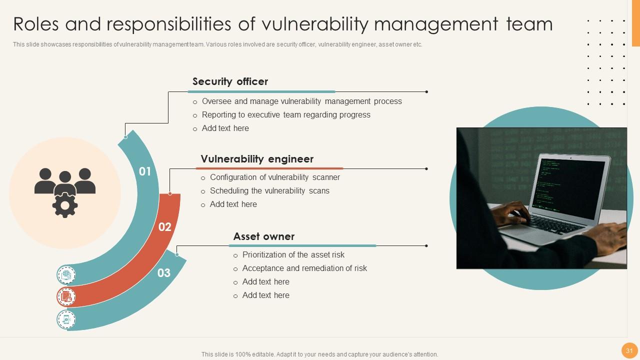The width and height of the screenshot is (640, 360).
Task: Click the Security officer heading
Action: [x=230, y=81]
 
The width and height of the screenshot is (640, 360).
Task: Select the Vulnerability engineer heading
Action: [x=257, y=159]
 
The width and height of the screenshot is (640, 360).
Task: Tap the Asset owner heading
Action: [x=263, y=236]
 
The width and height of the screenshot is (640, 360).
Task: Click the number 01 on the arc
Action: [x=145, y=171]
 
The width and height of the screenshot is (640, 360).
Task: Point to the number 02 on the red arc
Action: [x=165, y=227]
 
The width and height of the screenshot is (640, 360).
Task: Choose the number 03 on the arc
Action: [x=164, y=272]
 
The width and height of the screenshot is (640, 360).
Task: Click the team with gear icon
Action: [x=65, y=192]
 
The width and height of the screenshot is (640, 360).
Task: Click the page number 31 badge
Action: [x=629, y=350]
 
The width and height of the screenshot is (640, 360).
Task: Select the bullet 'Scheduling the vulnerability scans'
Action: [x=269, y=191]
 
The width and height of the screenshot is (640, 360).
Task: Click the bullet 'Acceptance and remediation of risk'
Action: [x=304, y=268]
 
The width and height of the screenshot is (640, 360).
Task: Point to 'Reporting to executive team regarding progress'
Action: [x=286, y=115]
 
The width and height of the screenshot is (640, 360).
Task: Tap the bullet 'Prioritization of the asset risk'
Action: [x=293, y=255]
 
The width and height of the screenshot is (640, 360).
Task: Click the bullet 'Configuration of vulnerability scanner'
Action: [x=274, y=177]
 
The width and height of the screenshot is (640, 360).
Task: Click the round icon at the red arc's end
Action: [x=66, y=297]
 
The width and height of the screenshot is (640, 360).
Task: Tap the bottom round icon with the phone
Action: [x=66, y=319]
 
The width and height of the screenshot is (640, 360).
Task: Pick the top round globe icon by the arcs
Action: [x=66, y=274]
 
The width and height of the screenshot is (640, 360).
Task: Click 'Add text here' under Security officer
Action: [x=225, y=128]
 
